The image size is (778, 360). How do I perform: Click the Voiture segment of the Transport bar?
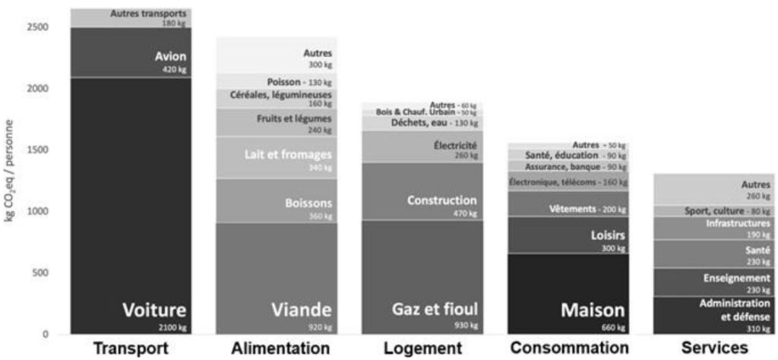pos(131,205)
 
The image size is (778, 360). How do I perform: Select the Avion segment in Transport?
pos(131,52)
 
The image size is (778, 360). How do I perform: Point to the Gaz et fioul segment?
pos(422,277)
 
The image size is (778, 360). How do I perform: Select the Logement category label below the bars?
pos(422,349)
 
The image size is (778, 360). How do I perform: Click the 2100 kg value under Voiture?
pos(172,327)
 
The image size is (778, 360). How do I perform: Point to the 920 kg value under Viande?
pos(318,327)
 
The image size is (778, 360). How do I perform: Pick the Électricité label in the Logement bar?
pos(456,145)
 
